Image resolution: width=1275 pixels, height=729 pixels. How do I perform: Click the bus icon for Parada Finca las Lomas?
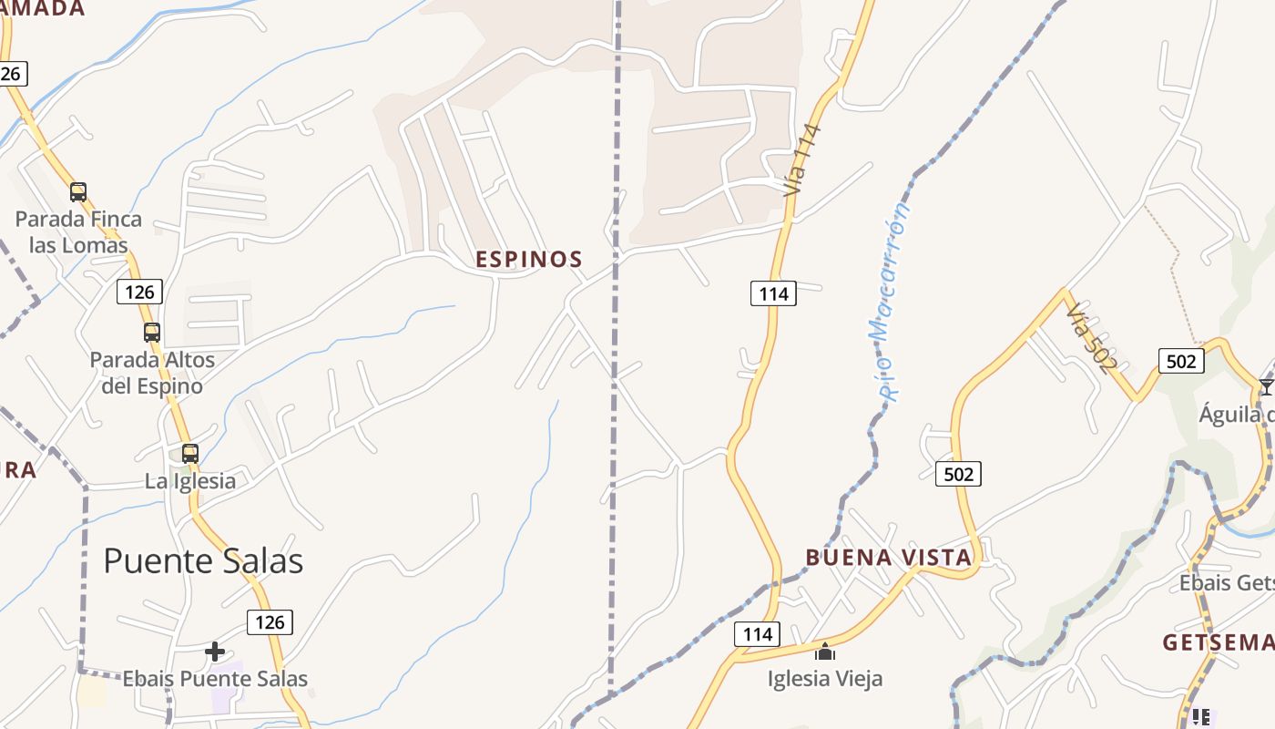pyautogui.click(x=78, y=192)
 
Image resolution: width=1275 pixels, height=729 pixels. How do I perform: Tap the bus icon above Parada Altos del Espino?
pyautogui.click(x=152, y=333)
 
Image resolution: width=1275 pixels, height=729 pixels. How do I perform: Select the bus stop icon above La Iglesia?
pyautogui.click(x=190, y=454)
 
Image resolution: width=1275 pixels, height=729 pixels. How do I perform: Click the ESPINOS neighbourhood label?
pyautogui.click(x=529, y=260)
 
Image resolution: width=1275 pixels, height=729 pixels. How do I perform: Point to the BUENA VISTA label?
pyautogui.click(x=889, y=558)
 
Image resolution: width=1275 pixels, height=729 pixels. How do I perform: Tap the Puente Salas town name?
pyautogui.click(x=203, y=560)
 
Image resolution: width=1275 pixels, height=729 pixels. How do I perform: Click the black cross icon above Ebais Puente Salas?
pyautogui.click(x=215, y=652)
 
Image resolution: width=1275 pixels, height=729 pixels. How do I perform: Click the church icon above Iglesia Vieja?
pyautogui.click(x=825, y=652)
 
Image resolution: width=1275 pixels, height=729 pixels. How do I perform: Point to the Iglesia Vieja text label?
pyautogui.click(x=825, y=679)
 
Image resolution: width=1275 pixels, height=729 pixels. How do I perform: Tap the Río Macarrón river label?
pyautogui.click(x=890, y=301)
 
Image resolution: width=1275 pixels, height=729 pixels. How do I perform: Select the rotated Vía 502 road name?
pyautogui.click(x=1091, y=338)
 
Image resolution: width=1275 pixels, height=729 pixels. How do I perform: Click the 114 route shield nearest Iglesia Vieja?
pyautogui.click(x=757, y=634)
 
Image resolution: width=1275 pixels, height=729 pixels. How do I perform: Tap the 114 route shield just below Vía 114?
pyautogui.click(x=773, y=293)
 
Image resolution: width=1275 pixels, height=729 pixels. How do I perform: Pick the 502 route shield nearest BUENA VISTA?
pyautogui.click(x=958, y=474)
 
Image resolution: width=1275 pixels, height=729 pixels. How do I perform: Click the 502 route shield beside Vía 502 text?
pyautogui.click(x=1180, y=361)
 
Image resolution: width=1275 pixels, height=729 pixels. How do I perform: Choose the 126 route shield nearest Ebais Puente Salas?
pyautogui.click(x=270, y=622)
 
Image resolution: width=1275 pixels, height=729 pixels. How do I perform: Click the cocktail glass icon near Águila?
pyautogui.click(x=1266, y=387)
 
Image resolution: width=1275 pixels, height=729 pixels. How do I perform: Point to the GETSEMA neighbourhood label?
pyautogui.click(x=1219, y=643)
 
